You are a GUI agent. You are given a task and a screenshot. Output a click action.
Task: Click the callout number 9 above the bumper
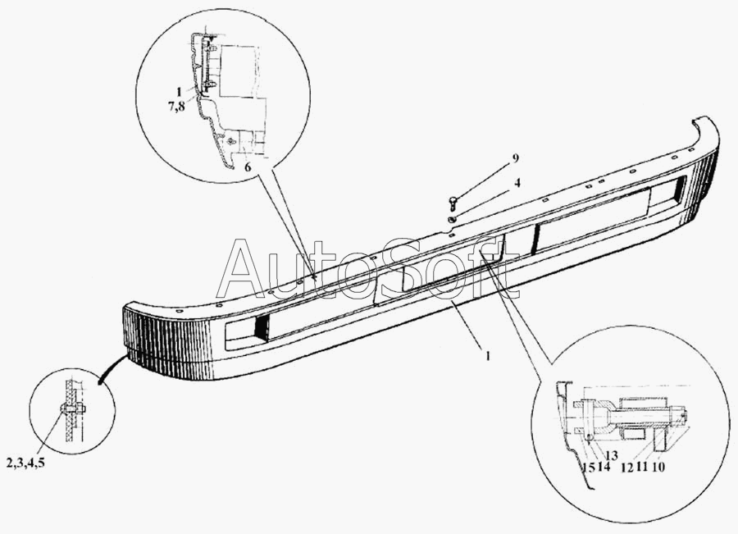coord(515,157)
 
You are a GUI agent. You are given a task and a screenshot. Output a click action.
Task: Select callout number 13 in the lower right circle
coord(612,455)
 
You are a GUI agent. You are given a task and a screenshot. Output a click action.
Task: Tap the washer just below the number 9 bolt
coord(452,221)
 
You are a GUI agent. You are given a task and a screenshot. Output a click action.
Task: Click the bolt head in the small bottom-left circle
coord(65,408)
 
